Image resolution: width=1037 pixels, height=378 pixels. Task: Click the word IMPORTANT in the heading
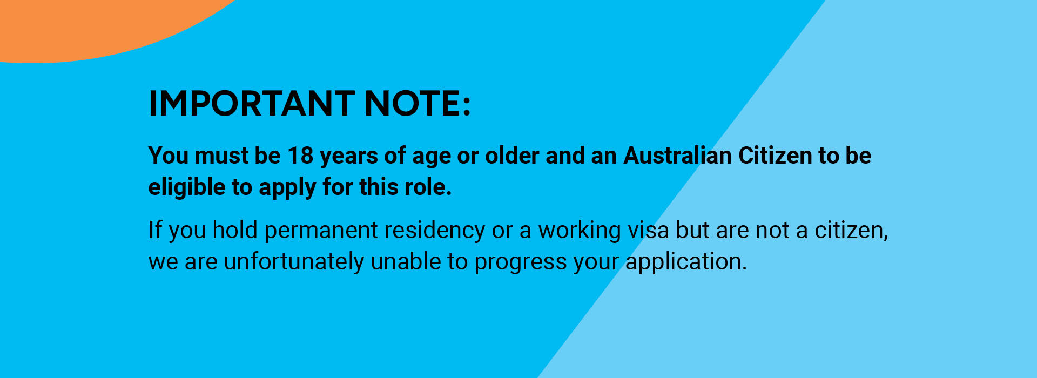[251, 103]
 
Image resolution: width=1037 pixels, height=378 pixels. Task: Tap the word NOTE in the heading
[413, 103]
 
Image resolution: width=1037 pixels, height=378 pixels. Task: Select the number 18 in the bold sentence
[300, 156]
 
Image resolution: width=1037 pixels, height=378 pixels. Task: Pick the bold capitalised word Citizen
[775, 156]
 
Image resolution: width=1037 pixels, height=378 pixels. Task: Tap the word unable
[406, 261]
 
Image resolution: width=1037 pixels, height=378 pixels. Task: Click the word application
[686, 262]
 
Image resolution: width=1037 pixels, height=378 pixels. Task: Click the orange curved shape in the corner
[81, 27]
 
